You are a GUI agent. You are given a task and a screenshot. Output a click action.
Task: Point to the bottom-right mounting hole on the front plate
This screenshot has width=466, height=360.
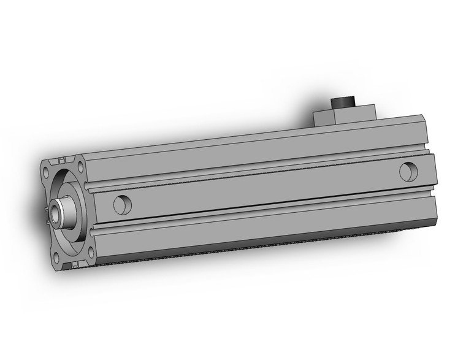(x=90, y=251)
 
